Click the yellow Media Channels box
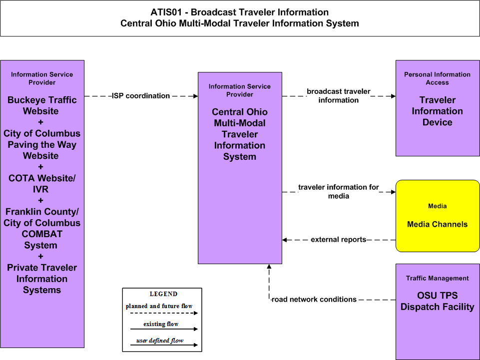pos(438,216)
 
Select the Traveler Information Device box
pos(438,108)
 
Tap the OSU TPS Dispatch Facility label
pos(437,301)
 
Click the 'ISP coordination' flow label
pos(141,96)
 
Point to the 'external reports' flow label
pos(338,239)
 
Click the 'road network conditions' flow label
pos(314,300)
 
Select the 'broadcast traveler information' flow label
pos(339,96)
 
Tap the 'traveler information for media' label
pos(339,191)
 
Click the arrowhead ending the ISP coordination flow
pos(196,96)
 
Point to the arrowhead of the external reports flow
pos(284,240)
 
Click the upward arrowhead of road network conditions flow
pos(269,266)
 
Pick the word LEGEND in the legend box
pos(163,294)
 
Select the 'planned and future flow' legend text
pos(159,306)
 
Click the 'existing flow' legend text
pos(161,324)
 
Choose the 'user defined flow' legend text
pos(160,341)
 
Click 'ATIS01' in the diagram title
pos(166,12)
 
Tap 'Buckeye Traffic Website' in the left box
pos(41,105)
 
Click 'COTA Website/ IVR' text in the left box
pos(41,184)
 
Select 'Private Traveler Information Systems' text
pos(42,279)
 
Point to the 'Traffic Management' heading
pos(437,278)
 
